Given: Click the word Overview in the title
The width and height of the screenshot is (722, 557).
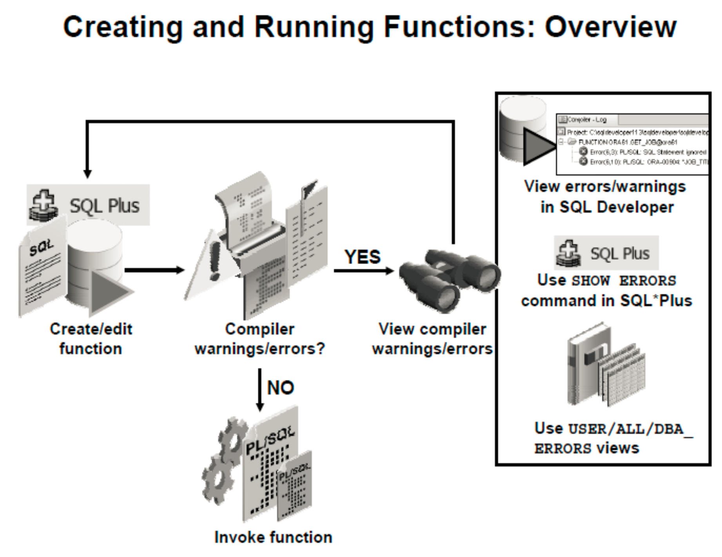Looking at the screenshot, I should pyautogui.click(x=610, y=27).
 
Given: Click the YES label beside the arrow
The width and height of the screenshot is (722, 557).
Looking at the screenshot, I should pyautogui.click(x=362, y=257).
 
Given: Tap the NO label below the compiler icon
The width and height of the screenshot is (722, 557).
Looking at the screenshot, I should pyautogui.click(x=280, y=388).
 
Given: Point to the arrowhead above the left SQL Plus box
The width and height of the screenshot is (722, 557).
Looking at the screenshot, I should pyautogui.click(x=87, y=174).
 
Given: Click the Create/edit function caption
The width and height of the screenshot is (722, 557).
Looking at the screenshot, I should pyautogui.click(x=91, y=339).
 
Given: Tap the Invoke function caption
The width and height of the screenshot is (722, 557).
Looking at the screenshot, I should pyautogui.click(x=273, y=537).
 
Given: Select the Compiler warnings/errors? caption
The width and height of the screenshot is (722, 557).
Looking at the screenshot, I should pyautogui.click(x=259, y=339).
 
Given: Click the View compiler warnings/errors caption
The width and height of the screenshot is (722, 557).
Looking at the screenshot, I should pyautogui.click(x=432, y=339).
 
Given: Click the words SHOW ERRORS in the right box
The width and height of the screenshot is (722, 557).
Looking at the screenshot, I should pyautogui.click(x=624, y=281).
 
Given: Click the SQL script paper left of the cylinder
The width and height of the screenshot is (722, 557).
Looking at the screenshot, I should pyautogui.click(x=41, y=270).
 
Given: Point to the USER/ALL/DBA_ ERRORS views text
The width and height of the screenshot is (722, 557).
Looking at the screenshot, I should pyautogui.click(x=613, y=438).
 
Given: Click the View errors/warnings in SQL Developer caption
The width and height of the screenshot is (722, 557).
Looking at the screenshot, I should pyautogui.click(x=606, y=197).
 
